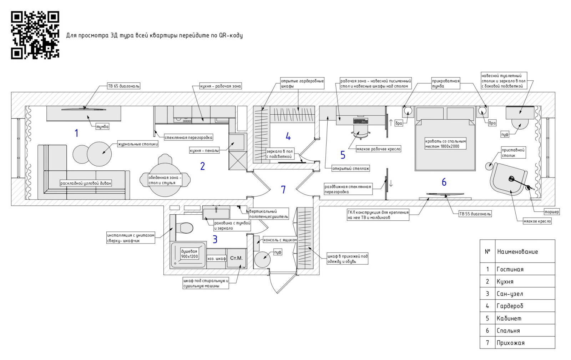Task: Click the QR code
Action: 35,35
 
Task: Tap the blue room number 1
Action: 76,133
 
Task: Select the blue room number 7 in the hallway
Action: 283,189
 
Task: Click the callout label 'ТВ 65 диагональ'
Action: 124,86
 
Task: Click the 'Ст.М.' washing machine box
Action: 236,258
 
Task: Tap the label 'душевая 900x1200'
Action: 189,254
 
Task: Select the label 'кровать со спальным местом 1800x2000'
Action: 445,144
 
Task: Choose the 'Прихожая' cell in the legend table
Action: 510,343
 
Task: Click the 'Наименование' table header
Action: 517,252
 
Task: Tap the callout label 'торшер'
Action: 551,212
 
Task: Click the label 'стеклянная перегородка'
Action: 188,137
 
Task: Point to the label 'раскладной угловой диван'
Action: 86,183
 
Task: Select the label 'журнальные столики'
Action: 138,144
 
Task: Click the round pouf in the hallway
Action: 262,259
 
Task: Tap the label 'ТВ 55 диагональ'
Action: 475,214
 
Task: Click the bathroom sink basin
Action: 216,213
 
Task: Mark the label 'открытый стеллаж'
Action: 350,168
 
